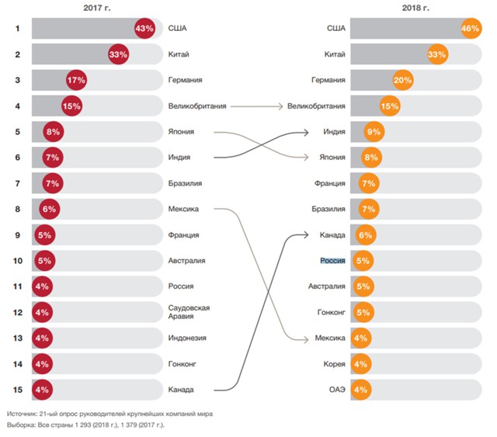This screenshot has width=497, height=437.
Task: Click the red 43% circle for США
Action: tap(145, 29)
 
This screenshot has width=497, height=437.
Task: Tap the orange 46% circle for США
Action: tap(471, 29)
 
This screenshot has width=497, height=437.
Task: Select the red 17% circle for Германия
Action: tap(76, 80)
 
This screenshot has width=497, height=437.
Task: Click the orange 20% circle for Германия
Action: tap(403, 80)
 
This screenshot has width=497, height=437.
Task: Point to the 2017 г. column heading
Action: tap(97, 7)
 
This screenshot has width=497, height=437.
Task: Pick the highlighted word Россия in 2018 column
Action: tap(332, 260)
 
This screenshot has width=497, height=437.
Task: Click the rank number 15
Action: tap(17, 389)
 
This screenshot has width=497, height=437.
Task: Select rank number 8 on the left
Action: tap(17, 209)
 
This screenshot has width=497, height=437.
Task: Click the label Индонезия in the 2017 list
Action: tap(187, 338)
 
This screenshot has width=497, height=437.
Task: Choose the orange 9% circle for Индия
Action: tap(374, 132)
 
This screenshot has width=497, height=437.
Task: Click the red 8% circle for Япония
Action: tap(54, 132)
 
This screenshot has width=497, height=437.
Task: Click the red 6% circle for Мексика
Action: tap(50, 209)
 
